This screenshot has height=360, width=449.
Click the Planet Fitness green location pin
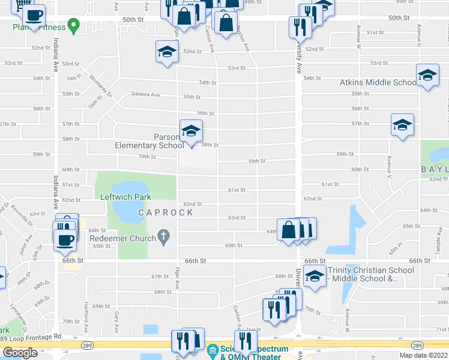click(74, 26)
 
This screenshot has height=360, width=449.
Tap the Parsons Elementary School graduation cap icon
click(191, 131)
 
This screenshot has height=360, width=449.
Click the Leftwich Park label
click(126, 196)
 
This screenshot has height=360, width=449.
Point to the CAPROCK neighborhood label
click(166, 212)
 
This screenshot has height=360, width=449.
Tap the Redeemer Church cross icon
click(162, 238)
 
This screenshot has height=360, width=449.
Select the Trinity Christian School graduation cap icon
click(314, 276)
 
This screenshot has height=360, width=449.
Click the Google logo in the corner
click(20, 353)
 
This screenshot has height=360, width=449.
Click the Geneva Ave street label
click(146, 95)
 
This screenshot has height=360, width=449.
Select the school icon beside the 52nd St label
click(167, 52)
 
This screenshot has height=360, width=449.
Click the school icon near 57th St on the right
click(402, 125)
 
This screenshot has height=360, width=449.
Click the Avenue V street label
click(390, 168)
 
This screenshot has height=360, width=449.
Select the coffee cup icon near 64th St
click(65, 240)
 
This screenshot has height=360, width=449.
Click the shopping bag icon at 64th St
click(289, 230)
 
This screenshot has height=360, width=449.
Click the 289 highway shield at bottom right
click(417, 346)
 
